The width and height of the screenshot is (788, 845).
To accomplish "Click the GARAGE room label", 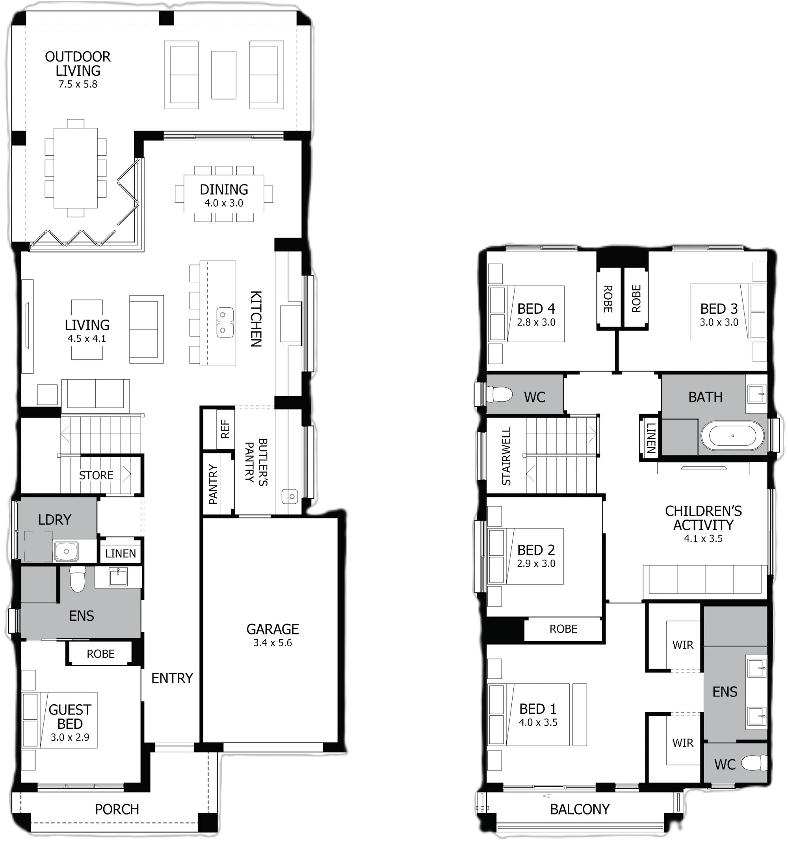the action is click(x=272, y=629).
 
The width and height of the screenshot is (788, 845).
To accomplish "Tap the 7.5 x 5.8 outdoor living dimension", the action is click(x=78, y=84).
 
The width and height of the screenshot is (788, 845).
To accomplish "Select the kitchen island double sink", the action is click(x=225, y=322).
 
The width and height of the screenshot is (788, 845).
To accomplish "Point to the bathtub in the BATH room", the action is click(x=732, y=436).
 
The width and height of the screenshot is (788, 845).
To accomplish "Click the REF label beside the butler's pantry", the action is click(x=225, y=429).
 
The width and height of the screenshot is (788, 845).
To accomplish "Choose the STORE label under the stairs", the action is click(x=96, y=475).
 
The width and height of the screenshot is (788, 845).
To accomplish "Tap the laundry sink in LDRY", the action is click(x=67, y=551).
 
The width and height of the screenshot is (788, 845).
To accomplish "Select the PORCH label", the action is click(x=117, y=809).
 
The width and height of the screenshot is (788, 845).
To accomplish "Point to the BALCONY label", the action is click(x=580, y=809).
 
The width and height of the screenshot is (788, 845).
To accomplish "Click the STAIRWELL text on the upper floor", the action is click(x=506, y=456).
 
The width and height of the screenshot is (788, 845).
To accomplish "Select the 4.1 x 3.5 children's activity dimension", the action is click(x=703, y=538).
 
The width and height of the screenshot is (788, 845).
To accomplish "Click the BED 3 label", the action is click(x=719, y=309).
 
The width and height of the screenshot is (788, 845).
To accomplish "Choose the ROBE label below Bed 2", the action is click(x=563, y=629).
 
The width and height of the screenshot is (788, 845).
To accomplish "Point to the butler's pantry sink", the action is click(x=290, y=497).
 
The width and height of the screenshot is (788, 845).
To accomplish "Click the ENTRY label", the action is click(x=172, y=678).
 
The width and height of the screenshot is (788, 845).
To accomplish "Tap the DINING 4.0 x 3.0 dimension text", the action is click(x=224, y=203).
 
